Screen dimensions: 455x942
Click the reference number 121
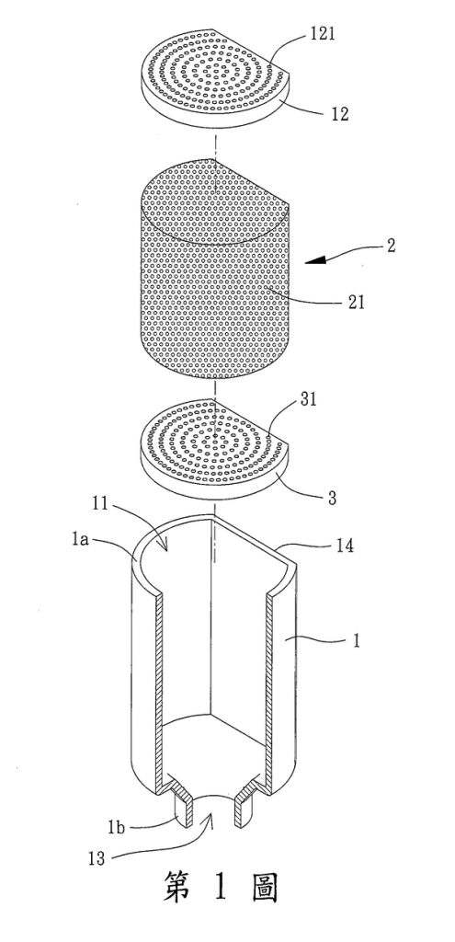[323, 34]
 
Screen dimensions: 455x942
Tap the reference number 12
[339, 113]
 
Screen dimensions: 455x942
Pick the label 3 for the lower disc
[332, 498]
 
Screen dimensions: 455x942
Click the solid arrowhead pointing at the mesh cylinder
[317, 259]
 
